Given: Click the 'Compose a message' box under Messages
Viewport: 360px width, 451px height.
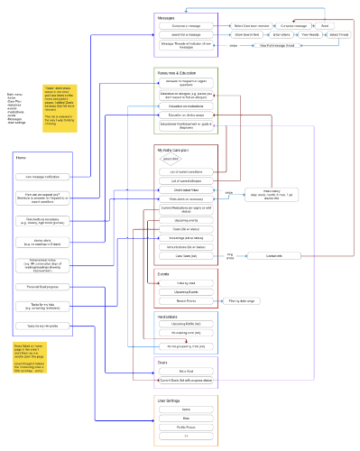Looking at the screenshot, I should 186,25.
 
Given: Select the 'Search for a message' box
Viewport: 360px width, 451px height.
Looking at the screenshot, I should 186,34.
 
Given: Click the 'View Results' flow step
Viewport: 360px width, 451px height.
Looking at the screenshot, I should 309,34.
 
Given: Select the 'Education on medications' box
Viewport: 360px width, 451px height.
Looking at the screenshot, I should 186,106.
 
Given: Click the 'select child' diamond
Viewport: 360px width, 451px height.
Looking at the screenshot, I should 170,159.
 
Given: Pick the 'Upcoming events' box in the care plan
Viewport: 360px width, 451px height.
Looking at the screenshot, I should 187,219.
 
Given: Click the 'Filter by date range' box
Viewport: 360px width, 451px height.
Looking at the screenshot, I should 242,300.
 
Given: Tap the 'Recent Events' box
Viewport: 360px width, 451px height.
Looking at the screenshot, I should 187,300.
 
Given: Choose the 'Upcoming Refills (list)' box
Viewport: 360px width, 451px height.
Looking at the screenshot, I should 187,323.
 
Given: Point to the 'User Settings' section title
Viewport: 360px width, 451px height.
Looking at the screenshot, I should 169,398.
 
